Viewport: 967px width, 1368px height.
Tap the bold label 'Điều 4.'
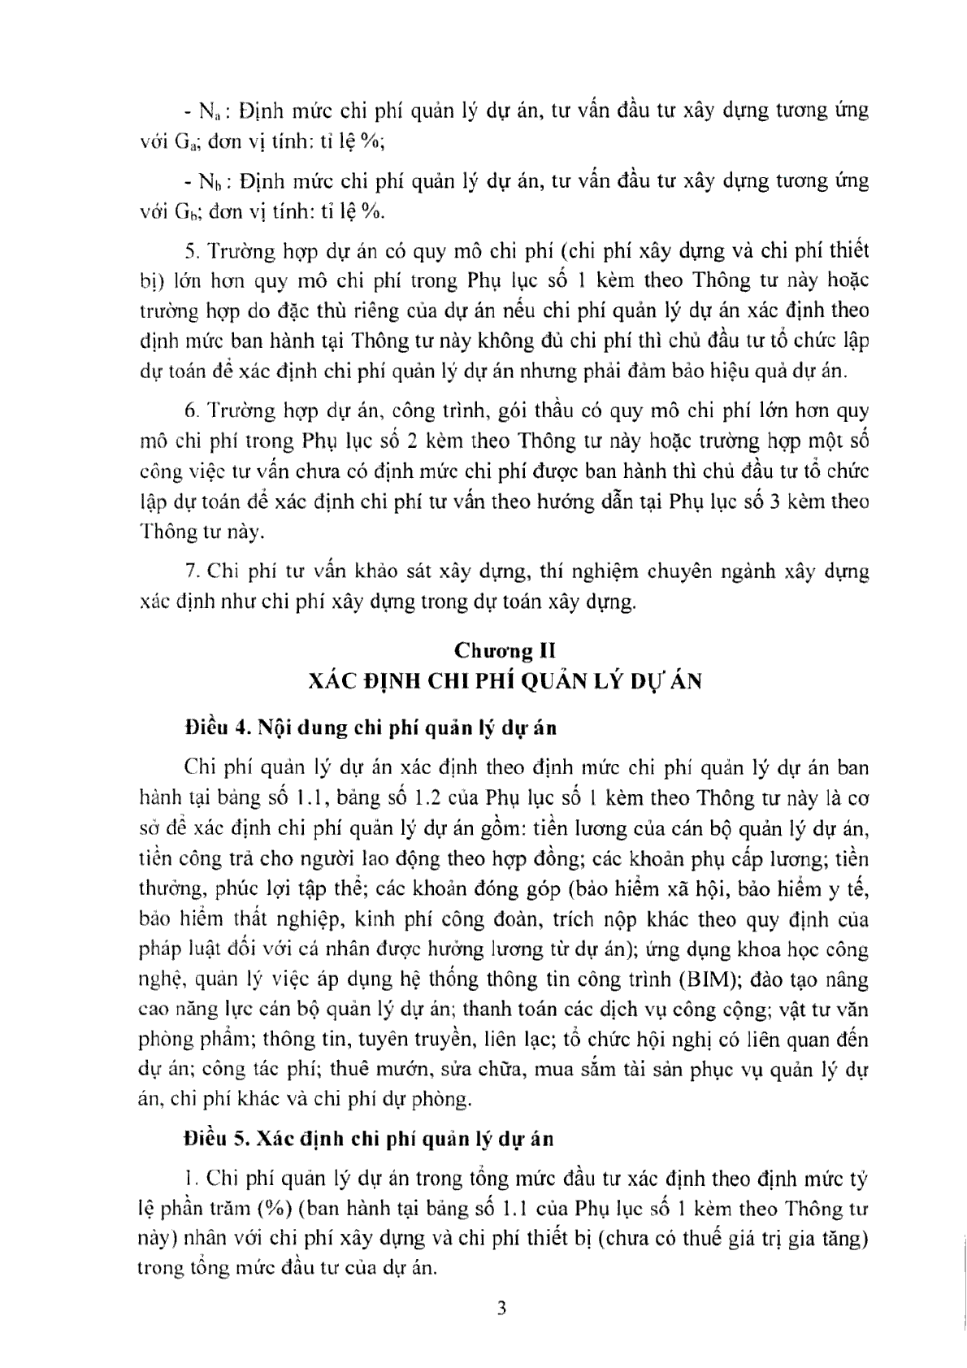[216, 727]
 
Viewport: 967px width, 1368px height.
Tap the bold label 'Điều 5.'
[215, 1138]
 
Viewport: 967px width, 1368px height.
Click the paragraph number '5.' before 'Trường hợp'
[192, 248]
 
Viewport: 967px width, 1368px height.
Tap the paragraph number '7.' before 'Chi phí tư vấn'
[192, 570]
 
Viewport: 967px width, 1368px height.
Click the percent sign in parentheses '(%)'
[278, 1207]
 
